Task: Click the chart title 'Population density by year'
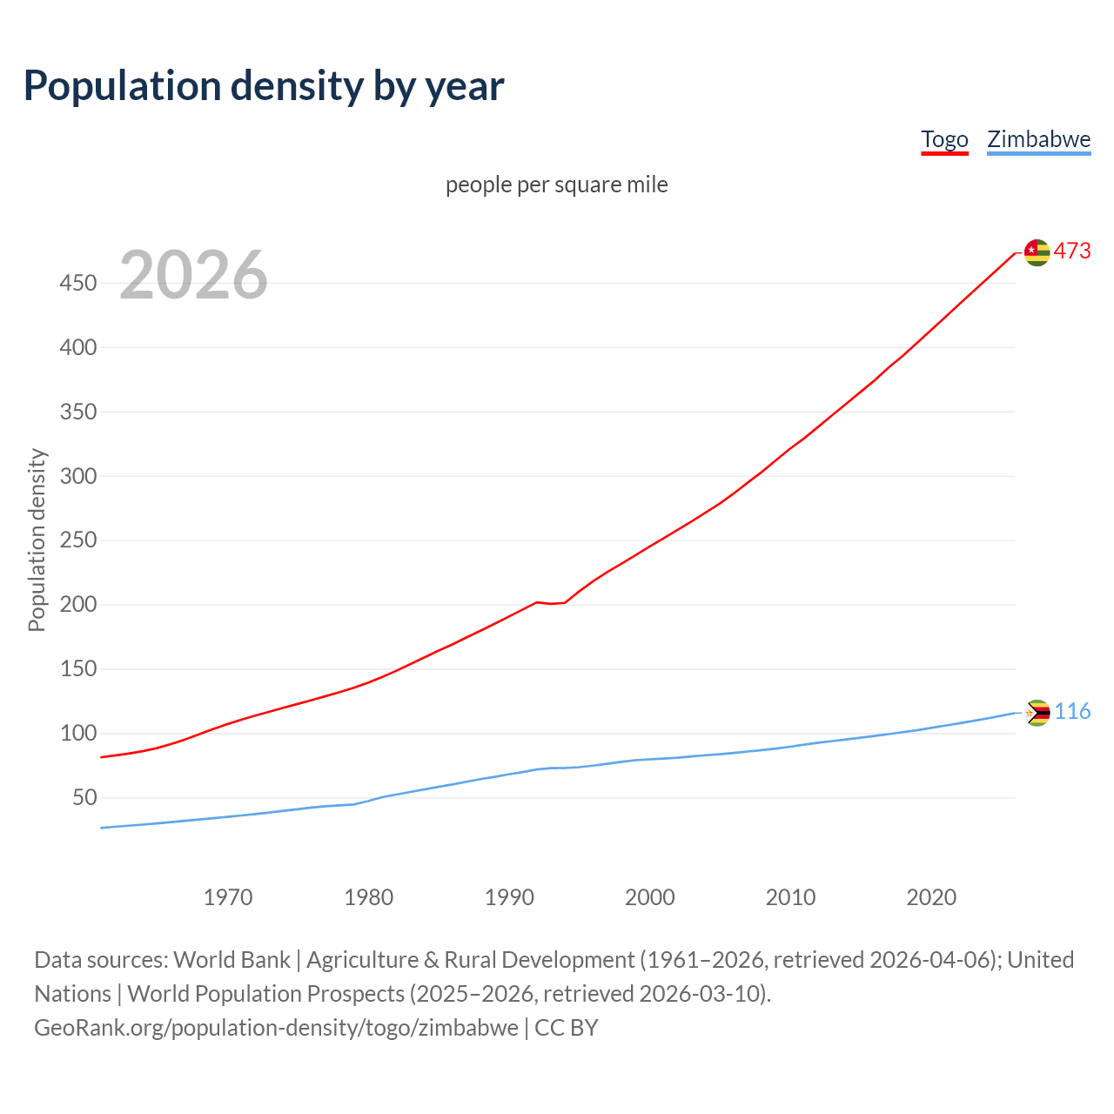click(264, 86)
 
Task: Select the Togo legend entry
click(944, 139)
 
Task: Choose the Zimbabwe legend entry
click(1038, 139)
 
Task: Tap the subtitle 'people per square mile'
click(556, 185)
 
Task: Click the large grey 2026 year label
click(193, 275)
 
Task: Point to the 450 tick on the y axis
click(77, 283)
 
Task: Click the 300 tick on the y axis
click(77, 476)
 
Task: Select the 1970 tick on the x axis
click(228, 897)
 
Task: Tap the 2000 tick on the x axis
click(650, 897)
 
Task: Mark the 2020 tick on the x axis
click(931, 897)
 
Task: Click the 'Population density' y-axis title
click(37, 540)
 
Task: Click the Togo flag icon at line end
click(1037, 252)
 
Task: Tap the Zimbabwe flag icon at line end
click(1037, 713)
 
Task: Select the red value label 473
click(1072, 252)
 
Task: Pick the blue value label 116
click(1072, 712)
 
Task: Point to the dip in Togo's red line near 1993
click(551, 603)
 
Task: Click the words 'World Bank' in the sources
click(232, 960)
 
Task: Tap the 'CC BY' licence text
click(567, 1028)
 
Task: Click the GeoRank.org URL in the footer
click(276, 1028)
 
